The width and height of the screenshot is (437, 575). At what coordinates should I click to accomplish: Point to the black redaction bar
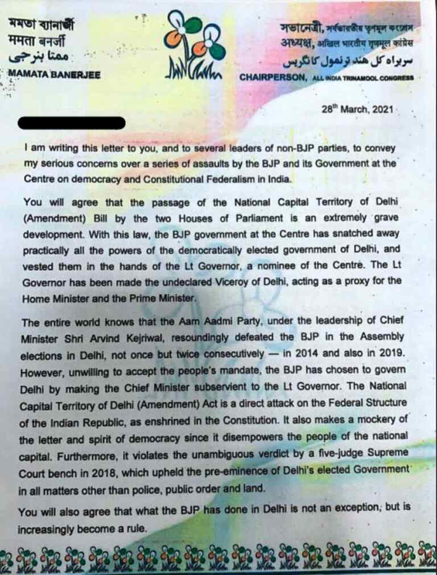click(x=72, y=123)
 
